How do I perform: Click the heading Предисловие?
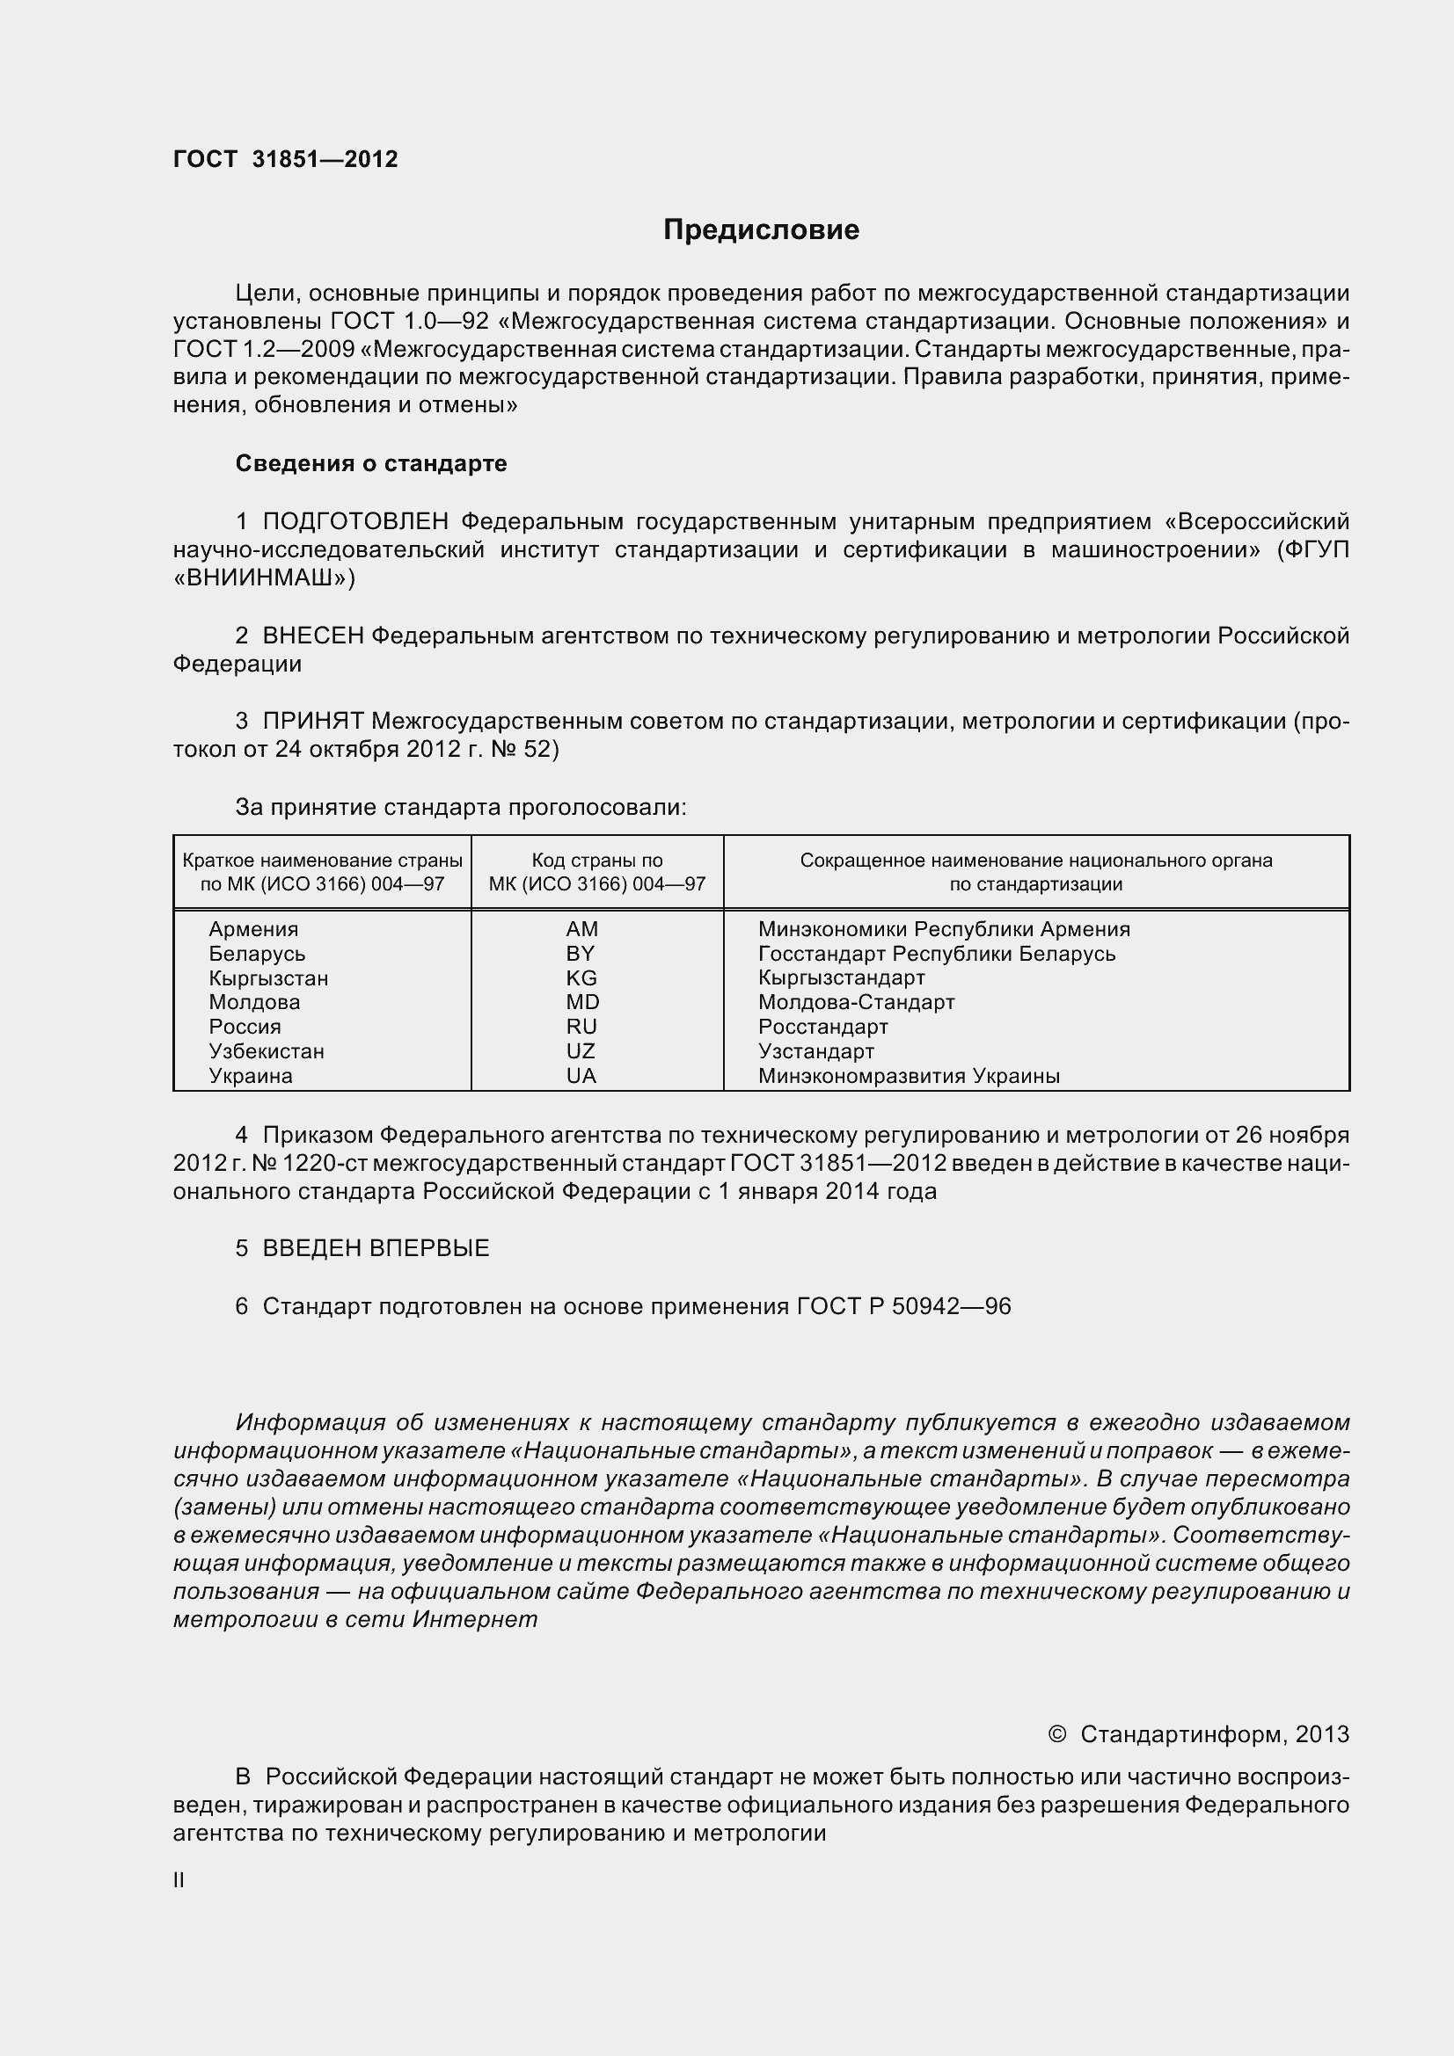761,230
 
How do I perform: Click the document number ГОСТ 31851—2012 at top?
285,159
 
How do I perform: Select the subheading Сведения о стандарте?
371,463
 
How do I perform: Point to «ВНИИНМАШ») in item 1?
264,578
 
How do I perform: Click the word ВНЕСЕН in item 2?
312,636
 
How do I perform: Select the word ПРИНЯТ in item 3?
312,721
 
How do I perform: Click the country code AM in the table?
581,929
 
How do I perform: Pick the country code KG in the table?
581,977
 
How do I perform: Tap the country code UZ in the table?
581,1051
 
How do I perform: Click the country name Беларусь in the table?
257,954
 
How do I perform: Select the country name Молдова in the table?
254,1002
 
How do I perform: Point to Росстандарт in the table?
822,1027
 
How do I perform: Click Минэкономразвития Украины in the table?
909,1075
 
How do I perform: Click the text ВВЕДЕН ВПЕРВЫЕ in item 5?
376,1248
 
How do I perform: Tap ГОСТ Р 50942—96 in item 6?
903,1306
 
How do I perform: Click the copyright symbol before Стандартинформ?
1056,1734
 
